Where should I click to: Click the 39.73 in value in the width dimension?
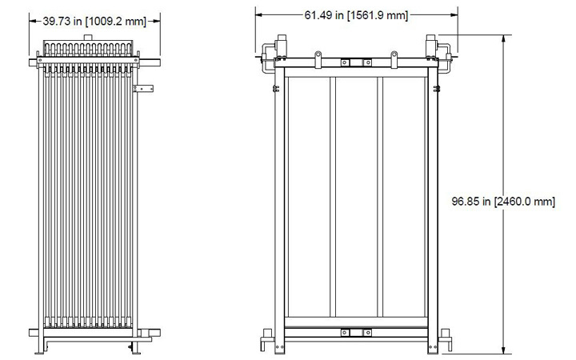coord(63,22)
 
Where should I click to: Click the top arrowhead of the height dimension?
coord(503,38)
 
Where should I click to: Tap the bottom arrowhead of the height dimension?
coord(503,349)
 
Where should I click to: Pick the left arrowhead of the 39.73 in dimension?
coord(34,22)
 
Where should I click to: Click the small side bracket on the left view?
coord(143,88)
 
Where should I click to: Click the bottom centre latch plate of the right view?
coord(345,330)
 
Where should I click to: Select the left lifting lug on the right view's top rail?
coord(318,58)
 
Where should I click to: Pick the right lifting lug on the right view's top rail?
coord(394,58)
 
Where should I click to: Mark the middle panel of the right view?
coord(357,196)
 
